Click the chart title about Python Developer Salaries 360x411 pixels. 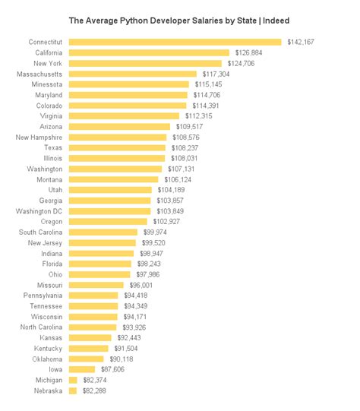pyautogui.click(x=179, y=20)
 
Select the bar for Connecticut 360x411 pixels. pyautogui.click(x=175, y=42)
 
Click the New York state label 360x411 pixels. pyautogui.click(x=47, y=63)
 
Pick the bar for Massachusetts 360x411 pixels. pyautogui.click(x=132, y=74)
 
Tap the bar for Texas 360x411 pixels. pyautogui.click(x=117, y=148)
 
